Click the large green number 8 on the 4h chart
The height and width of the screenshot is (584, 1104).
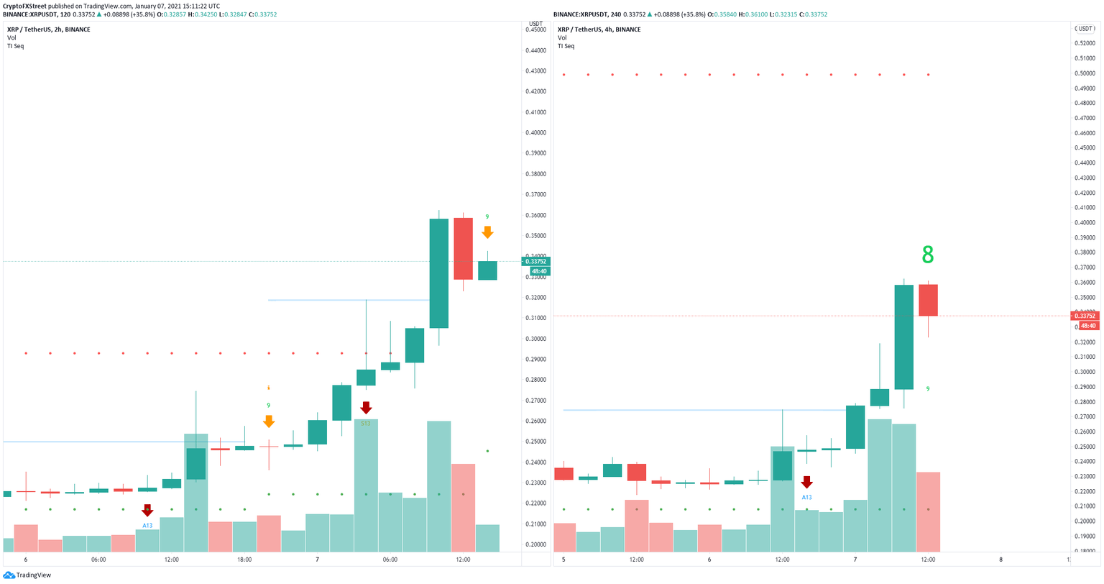coord(927,255)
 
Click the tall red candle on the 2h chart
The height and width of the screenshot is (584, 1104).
coord(463,248)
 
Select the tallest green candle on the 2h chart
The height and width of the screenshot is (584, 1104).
coord(438,273)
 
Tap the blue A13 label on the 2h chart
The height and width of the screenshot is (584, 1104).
coord(147,526)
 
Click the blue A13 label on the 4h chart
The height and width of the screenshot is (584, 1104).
coord(806,497)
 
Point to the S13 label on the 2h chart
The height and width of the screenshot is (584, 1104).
coord(366,424)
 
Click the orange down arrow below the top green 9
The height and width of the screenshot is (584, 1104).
coord(487,232)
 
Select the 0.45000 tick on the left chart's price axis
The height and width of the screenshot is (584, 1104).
coord(535,29)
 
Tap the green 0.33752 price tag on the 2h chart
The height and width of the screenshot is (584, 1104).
coord(535,262)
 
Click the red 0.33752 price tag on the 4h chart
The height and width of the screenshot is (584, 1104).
coord(1085,316)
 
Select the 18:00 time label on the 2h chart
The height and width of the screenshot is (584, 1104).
coord(244,560)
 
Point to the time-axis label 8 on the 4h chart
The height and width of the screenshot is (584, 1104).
coord(1000,560)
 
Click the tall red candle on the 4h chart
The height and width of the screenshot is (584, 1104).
coord(928,300)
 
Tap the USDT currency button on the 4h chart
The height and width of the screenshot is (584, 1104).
coord(1085,29)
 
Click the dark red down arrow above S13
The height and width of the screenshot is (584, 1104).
coord(366,408)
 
